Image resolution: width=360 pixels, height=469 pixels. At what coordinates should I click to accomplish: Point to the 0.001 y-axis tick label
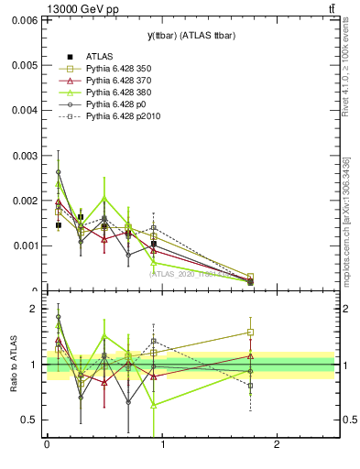click(25, 245)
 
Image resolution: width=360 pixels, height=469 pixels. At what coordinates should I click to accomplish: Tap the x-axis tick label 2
click(277, 446)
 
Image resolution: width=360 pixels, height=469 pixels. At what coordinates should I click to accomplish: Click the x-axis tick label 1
click(161, 446)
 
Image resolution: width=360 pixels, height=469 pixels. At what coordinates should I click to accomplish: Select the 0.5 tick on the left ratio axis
click(29, 420)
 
